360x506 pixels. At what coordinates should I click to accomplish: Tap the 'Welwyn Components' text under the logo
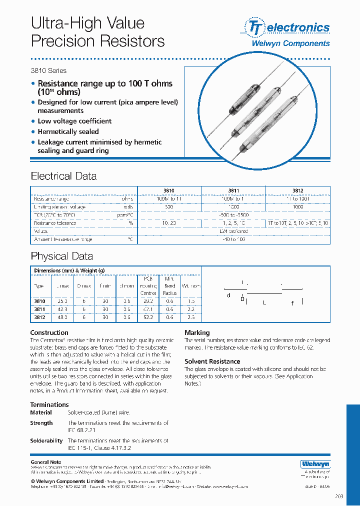click(290, 43)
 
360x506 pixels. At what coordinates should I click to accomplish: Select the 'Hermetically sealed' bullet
click(68, 131)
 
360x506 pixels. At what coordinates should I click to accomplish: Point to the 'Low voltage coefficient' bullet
click(74, 121)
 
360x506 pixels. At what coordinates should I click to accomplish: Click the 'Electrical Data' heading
click(63, 176)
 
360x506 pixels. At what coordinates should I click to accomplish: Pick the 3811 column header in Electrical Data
click(233, 190)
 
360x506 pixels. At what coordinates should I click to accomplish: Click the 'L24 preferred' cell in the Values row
click(233, 231)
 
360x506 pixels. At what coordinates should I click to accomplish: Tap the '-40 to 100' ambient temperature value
click(233, 239)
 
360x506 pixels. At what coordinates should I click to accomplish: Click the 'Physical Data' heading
click(61, 256)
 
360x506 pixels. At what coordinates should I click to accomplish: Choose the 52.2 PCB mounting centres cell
click(147, 317)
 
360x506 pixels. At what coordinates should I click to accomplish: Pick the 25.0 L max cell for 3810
click(62, 301)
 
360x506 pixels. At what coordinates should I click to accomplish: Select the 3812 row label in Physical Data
click(39, 317)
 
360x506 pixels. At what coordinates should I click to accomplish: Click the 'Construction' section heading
click(49, 332)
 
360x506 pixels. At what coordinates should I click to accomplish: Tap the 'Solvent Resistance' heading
click(212, 361)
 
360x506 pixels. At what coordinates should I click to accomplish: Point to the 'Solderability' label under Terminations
click(46, 440)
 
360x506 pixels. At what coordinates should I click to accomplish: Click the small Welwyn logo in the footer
click(315, 464)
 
